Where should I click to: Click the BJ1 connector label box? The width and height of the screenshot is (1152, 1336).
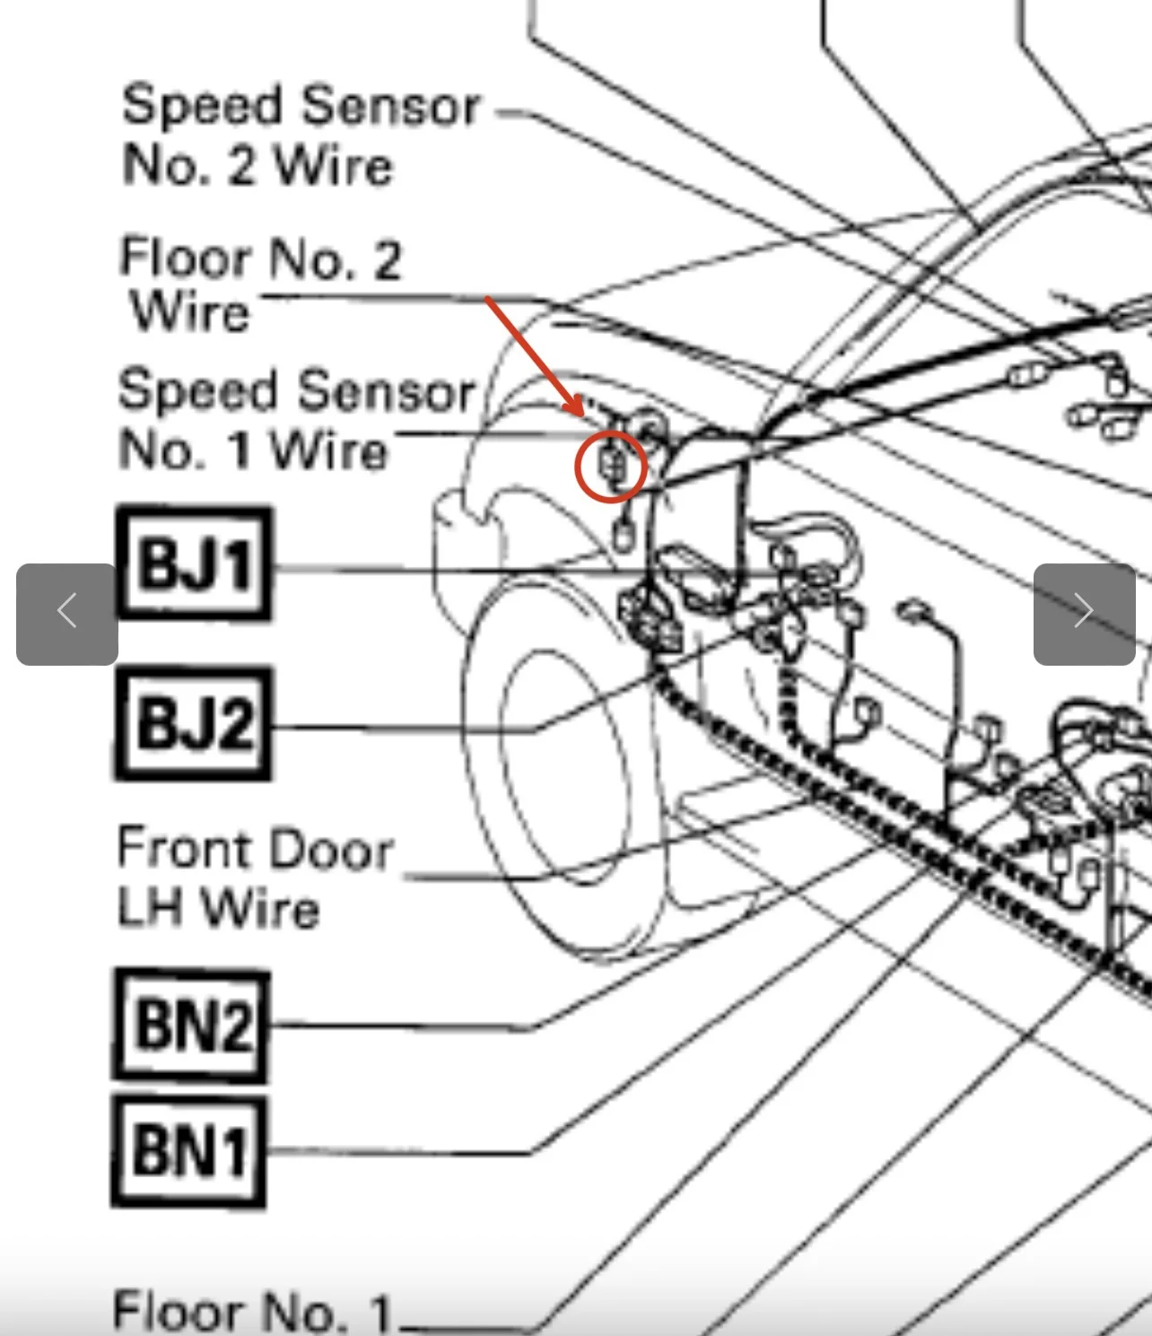coord(194,563)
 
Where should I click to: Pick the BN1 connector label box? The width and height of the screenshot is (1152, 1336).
coord(189,1150)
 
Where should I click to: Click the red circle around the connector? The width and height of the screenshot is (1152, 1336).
coord(611,466)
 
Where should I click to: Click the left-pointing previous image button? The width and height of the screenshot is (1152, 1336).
coord(67,614)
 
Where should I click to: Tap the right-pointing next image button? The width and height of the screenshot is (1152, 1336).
coord(1084,614)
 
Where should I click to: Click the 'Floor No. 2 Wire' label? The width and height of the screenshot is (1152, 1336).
coord(259,284)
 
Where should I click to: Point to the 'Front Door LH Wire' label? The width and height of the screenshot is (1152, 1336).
coord(255,878)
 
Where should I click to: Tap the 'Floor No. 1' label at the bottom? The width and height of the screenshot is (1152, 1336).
coord(253,1311)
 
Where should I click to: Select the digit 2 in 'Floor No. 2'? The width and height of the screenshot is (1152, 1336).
coord(386,260)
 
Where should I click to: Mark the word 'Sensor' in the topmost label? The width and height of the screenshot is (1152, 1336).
coord(391,106)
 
